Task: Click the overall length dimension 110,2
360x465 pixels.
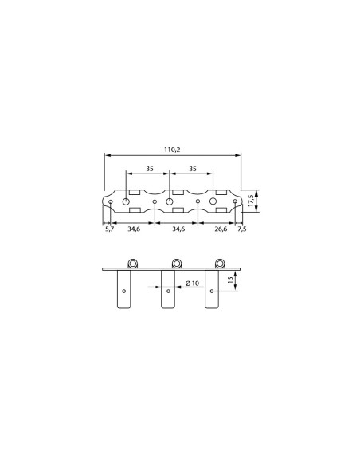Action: point(172,150)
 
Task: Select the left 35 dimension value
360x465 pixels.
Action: point(150,169)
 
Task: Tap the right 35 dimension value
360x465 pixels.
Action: point(193,169)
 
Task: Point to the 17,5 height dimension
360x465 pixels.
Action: point(251,201)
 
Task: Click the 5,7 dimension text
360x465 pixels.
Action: point(110,229)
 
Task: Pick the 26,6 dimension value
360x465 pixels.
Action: point(221,229)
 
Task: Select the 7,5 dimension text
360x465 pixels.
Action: point(242,229)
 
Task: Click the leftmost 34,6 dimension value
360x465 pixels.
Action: point(134,229)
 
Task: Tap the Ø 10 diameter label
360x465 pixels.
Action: point(192,283)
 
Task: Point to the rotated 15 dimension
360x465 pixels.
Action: point(230,280)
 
